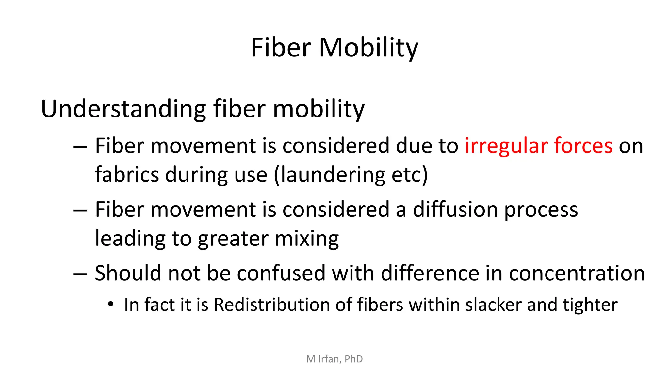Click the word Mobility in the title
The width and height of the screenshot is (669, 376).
tap(368, 48)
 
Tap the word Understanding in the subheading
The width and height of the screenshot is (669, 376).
tap(123, 109)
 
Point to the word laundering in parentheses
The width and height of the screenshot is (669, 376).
tap(333, 175)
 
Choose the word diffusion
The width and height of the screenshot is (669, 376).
tap(455, 210)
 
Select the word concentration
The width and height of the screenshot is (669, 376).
tap(577, 273)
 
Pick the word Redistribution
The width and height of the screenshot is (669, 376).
tap(272, 305)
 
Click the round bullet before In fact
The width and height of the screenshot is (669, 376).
tap(111, 305)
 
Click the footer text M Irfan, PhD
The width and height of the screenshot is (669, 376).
tap(334, 359)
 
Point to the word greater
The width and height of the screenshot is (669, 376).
tap(233, 239)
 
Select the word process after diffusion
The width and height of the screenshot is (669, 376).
tap(541, 210)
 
